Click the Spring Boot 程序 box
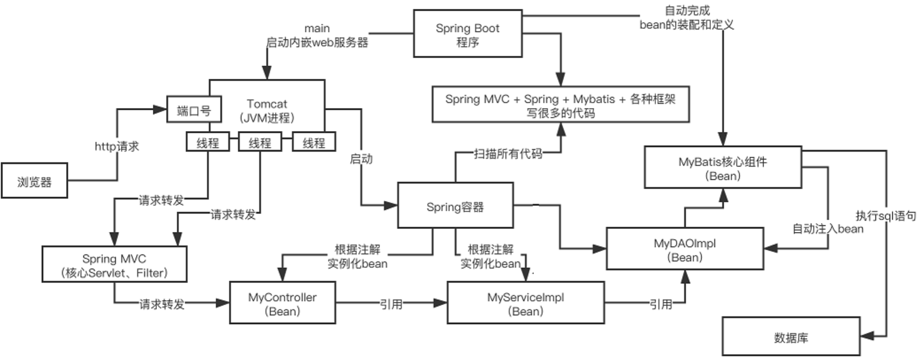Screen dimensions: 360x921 (467, 33)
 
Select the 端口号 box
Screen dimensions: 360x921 (194, 109)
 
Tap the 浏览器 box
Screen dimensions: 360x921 (34, 181)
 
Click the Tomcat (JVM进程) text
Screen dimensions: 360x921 (267, 110)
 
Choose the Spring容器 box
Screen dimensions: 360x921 (455, 205)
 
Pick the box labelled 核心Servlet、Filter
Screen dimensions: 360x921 (114, 264)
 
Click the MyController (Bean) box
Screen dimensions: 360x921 (282, 303)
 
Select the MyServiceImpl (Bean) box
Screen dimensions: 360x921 (525, 303)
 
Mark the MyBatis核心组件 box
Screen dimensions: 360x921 (722, 167)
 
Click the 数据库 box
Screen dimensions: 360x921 (791, 338)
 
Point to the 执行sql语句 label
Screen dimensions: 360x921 (886, 216)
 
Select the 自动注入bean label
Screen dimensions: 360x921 (828, 228)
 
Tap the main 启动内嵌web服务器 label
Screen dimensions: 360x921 (317, 35)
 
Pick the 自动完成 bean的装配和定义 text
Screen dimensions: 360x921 (687, 18)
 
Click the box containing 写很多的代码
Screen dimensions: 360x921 (560, 106)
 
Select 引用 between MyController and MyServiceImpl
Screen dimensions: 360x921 (391, 304)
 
